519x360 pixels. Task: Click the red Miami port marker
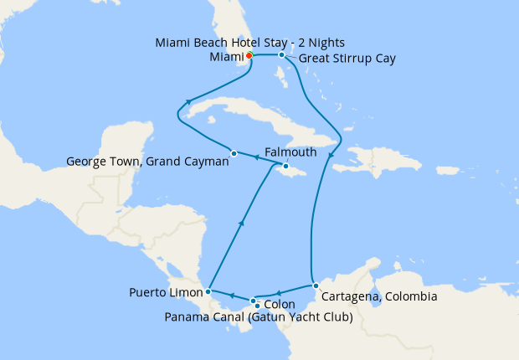249,56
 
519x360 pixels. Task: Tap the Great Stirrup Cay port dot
282,55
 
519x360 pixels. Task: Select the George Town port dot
234,153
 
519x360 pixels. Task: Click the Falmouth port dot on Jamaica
285,167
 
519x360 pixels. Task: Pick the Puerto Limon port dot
208,292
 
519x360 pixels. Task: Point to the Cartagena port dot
316,286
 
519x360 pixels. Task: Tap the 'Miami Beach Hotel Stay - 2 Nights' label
250,43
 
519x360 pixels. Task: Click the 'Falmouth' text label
290,152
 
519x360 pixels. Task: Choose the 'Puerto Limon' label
166,293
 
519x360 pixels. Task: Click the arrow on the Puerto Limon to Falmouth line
241,223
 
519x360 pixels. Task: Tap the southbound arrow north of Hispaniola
331,156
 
